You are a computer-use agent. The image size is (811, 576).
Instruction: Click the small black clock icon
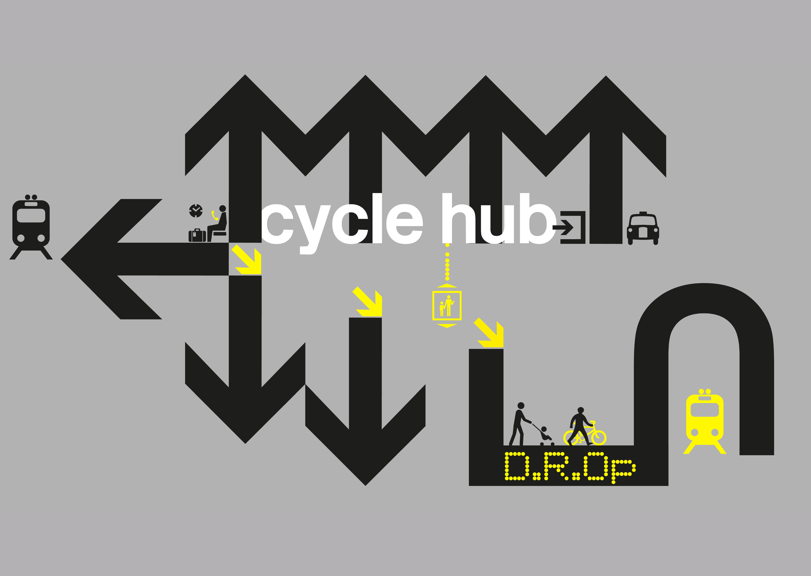coord(196,211)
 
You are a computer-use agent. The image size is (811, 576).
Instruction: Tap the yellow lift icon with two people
coord(447,305)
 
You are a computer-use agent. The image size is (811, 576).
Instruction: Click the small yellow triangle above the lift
coord(447,286)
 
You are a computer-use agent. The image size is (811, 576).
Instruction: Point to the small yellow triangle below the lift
coord(447,326)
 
